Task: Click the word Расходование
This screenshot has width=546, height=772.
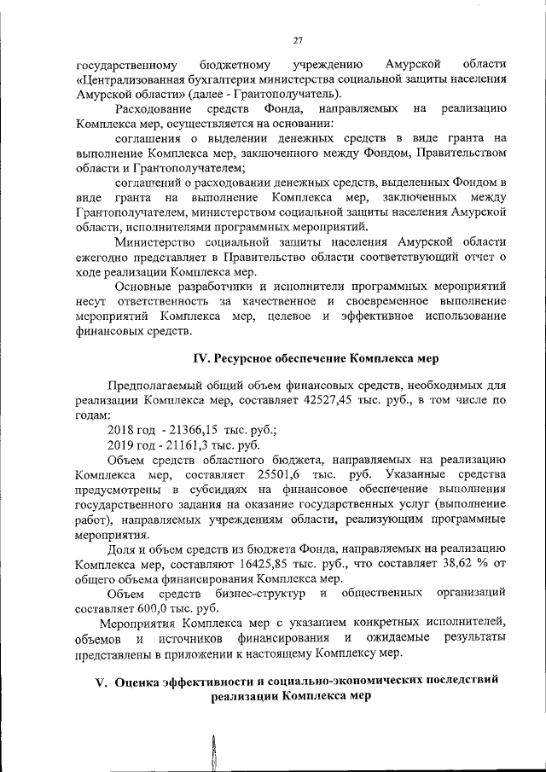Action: click(x=155, y=108)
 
